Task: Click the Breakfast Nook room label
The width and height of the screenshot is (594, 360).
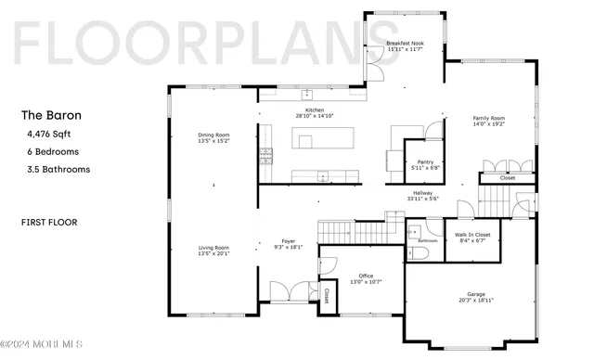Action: pyautogui.click(x=406, y=45)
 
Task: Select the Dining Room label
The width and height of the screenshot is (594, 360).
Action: pyautogui.click(x=213, y=135)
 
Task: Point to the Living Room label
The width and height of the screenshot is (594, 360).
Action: pyautogui.click(x=213, y=248)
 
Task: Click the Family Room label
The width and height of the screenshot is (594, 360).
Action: pyautogui.click(x=488, y=119)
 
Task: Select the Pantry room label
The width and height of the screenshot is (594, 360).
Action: pyautogui.click(x=427, y=162)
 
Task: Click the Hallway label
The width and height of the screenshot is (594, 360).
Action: pyautogui.click(x=423, y=193)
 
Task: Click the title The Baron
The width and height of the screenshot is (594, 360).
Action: pyautogui.click(x=51, y=116)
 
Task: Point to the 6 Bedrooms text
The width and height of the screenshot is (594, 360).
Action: pyautogui.click(x=53, y=151)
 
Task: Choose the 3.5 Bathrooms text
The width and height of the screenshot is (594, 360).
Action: pyautogui.click(x=58, y=169)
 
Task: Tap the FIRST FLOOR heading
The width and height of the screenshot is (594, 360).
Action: pyautogui.click(x=48, y=223)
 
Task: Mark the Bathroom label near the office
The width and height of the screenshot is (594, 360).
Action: pyautogui.click(x=427, y=241)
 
